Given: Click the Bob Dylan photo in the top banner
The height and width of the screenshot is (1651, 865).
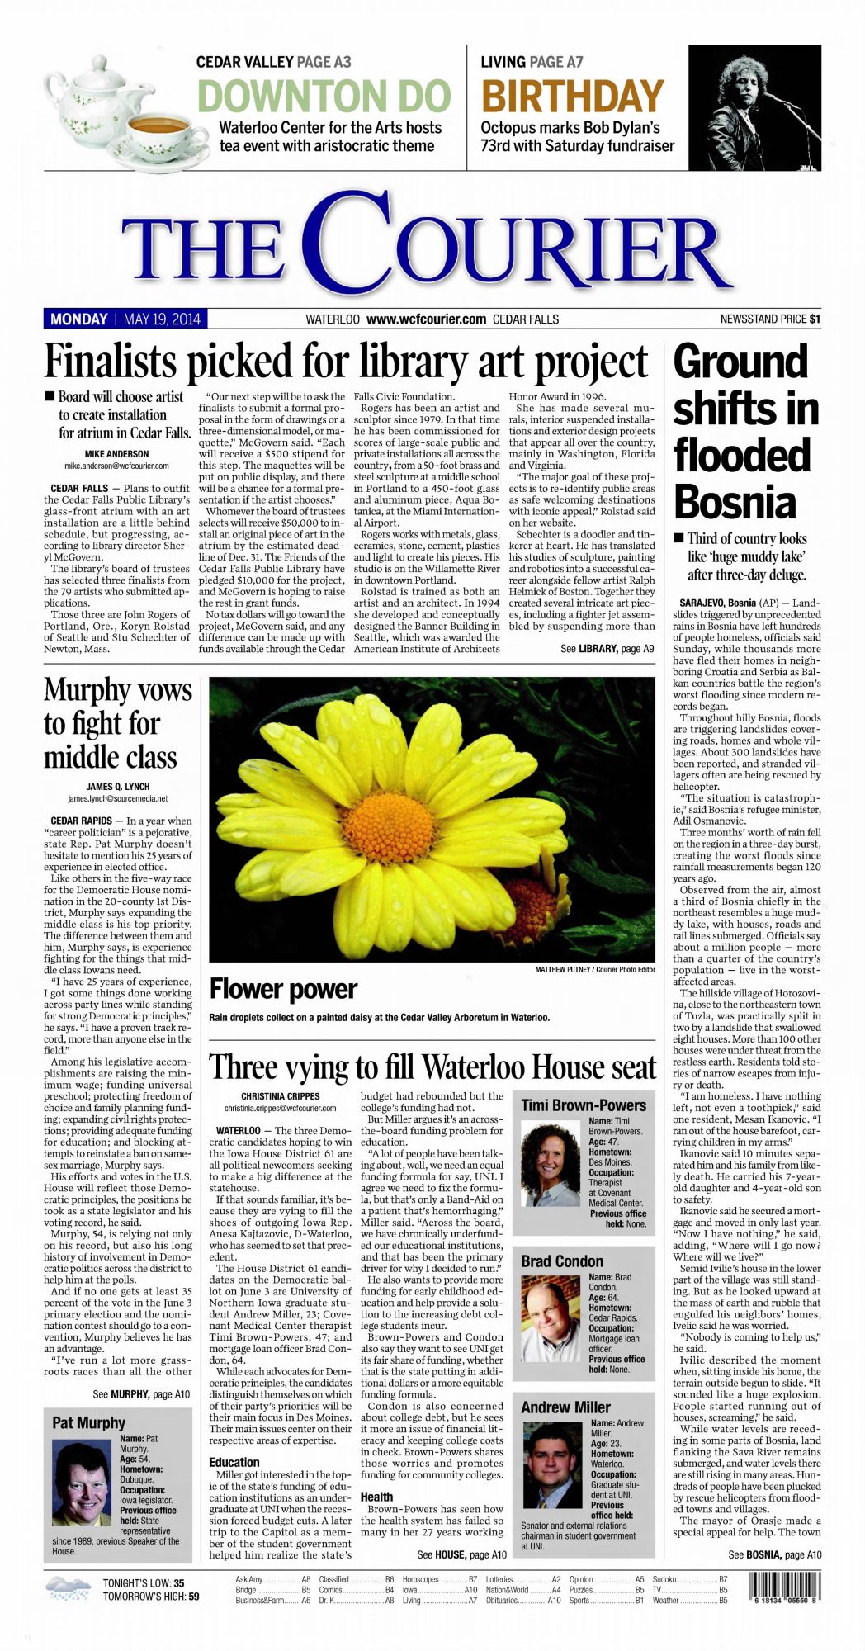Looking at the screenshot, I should [754, 107].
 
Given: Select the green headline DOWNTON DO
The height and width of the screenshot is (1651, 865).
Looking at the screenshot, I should [324, 97].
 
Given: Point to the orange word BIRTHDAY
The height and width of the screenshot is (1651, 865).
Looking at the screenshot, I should [572, 97].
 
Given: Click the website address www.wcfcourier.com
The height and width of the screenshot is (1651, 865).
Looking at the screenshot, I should [426, 319].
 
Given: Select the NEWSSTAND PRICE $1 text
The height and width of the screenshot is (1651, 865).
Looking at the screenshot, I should [769, 319].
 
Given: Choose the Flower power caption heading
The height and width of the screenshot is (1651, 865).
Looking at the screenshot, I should [283, 988].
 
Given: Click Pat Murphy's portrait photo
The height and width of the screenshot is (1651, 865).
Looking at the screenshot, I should [81, 1483].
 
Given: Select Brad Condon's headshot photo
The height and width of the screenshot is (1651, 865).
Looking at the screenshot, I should [551, 1317].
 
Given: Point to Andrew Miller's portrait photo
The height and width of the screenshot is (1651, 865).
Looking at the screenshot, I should [552, 1464].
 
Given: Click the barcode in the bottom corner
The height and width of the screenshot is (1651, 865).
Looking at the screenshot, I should [784, 1587].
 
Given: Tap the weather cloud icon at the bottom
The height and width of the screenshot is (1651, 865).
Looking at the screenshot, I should [68, 1588].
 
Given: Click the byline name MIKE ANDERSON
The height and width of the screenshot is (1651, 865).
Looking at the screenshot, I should [116, 454].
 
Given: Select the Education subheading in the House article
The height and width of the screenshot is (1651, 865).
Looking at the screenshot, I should [234, 1461].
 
